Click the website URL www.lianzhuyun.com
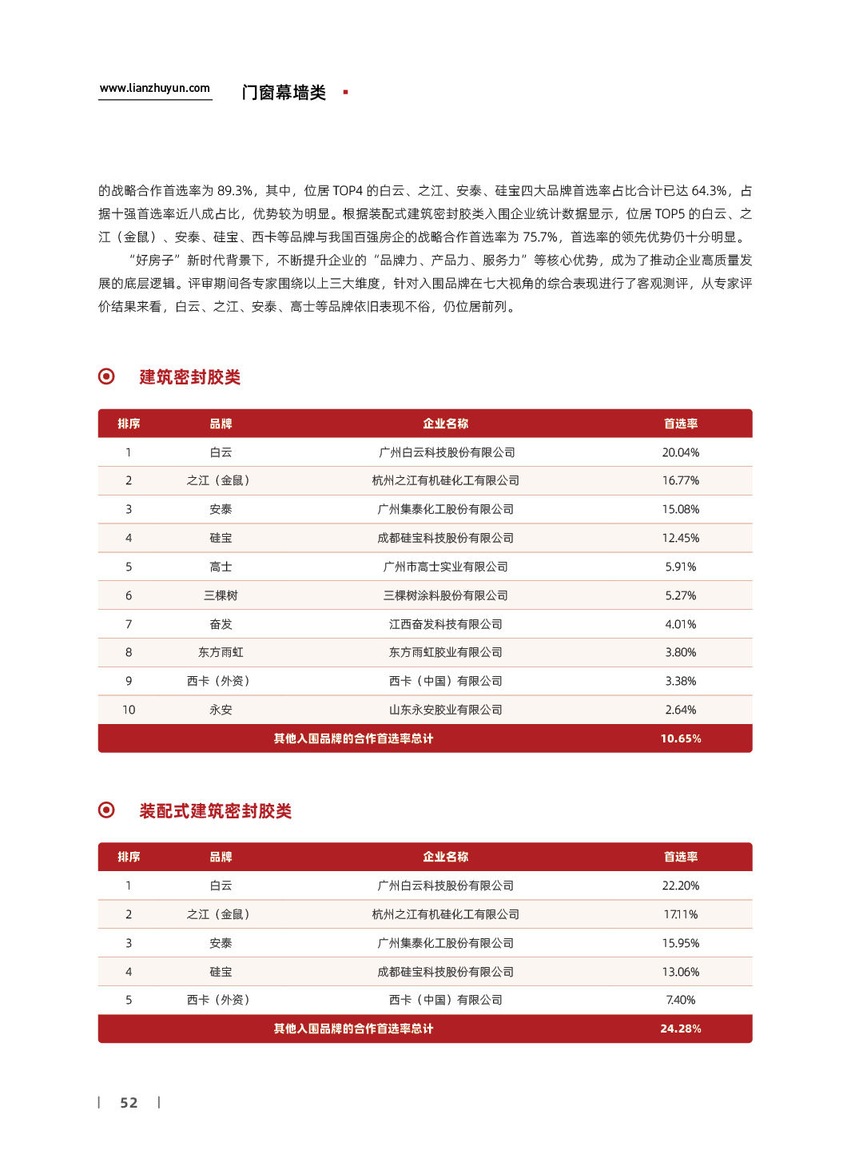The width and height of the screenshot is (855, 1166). pos(155,89)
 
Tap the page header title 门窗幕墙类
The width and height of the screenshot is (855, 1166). pos(284,93)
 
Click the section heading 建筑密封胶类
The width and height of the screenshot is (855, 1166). pos(189,377)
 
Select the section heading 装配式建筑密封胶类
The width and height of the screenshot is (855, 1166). pos(215,811)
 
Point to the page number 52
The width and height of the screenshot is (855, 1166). pos(129,1103)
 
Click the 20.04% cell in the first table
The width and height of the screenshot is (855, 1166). pos(680,452)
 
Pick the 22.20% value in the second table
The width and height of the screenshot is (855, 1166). pos(680,885)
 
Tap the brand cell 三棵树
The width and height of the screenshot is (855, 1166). pos(221,595)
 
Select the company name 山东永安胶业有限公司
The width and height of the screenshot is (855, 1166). pos(445,710)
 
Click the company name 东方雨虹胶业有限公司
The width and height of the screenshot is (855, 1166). pos(445,652)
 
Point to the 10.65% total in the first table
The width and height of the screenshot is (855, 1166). pos(680,738)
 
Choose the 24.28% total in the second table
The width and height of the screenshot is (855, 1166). pos(680,1029)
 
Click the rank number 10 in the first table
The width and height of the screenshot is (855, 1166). pos(129,710)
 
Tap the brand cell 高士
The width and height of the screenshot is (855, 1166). pos(221,567)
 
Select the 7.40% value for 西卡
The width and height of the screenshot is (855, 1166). pos(680,1000)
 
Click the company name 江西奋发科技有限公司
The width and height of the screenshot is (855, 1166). pos(445,624)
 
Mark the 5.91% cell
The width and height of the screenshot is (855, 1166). pos(680,567)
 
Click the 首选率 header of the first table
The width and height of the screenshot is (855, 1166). pos(680,424)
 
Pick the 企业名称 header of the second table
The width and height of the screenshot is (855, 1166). pos(445,857)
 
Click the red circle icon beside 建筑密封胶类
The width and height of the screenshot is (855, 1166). pos(106,376)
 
